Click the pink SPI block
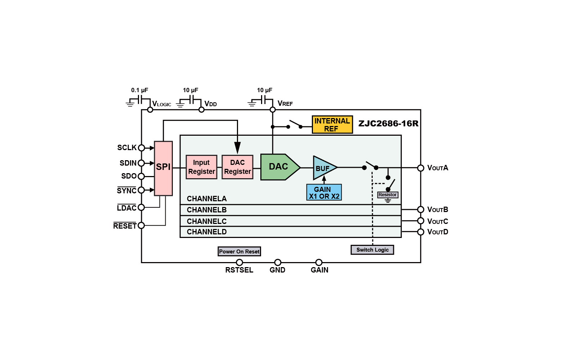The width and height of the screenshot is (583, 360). [163, 168]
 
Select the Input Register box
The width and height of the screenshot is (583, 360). [201, 167]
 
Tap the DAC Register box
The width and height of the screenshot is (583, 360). [237, 167]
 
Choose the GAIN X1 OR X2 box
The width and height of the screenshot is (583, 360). [324, 192]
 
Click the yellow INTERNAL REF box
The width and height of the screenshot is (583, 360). [332, 125]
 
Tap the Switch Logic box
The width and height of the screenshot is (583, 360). [372, 250]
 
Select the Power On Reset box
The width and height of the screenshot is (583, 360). [239, 252]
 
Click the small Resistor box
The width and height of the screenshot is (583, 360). [387, 194]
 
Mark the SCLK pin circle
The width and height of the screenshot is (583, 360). [141, 148]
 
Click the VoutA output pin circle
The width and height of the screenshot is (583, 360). [421, 168]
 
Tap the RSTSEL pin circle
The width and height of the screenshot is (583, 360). [239, 262]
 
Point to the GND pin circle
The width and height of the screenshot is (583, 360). [278, 262]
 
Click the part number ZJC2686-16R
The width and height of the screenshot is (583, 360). [388, 123]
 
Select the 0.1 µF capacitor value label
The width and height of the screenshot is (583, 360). [139, 90]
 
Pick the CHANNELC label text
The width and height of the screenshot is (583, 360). [207, 221]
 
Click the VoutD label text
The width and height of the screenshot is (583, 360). [438, 232]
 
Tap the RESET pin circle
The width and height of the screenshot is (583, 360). [141, 225]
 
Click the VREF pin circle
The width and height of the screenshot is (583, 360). [273, 110]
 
